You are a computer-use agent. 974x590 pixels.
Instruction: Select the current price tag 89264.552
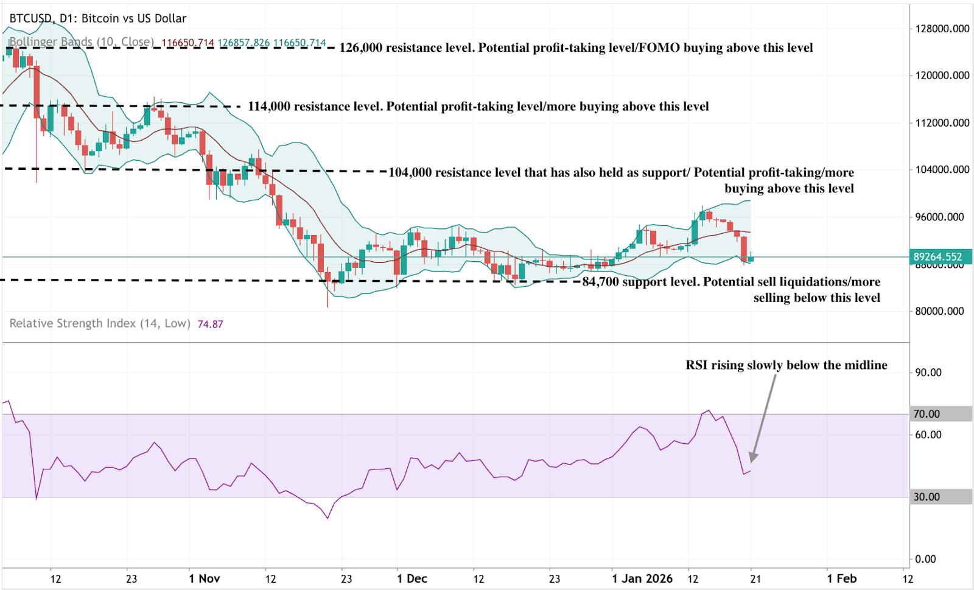pos(937,257)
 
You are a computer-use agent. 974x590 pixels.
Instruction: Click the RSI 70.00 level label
pos(927,414)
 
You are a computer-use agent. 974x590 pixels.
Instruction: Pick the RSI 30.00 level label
pos(927,497)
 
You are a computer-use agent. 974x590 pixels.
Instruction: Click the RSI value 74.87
pos(210,324)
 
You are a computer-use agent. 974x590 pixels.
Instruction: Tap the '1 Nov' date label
pos(205,578)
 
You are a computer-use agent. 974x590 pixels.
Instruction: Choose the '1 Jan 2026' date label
pos(642,578)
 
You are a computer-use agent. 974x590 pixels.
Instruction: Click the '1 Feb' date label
pos(841,578)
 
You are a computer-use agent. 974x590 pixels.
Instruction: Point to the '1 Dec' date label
pos(412,578)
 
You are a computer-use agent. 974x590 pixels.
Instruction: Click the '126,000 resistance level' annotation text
pos(575,47)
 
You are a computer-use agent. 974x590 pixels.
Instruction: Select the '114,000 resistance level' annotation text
pos(478,107)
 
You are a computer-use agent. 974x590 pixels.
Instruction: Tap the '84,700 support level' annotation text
pos(730,282)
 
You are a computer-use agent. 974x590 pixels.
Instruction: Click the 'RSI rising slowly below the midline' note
pos(786,365)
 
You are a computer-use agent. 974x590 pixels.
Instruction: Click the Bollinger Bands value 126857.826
pos(243,43)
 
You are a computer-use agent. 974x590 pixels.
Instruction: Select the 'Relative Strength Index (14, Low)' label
pos(100,323)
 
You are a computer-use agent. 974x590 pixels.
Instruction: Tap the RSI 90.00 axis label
pos(928,373)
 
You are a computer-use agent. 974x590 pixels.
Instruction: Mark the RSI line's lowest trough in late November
pos(328,518)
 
